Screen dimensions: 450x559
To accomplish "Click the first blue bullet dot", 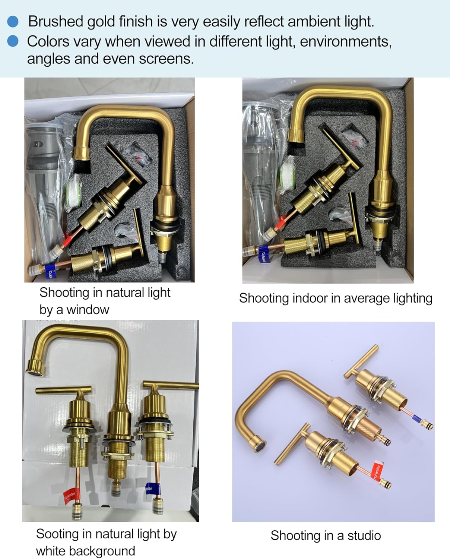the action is coord(13,21).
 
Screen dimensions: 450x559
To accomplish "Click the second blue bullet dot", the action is coord(13,41).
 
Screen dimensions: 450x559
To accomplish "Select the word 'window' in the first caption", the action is coord(88,310).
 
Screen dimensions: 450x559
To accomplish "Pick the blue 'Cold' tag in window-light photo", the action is coord(49,272).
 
